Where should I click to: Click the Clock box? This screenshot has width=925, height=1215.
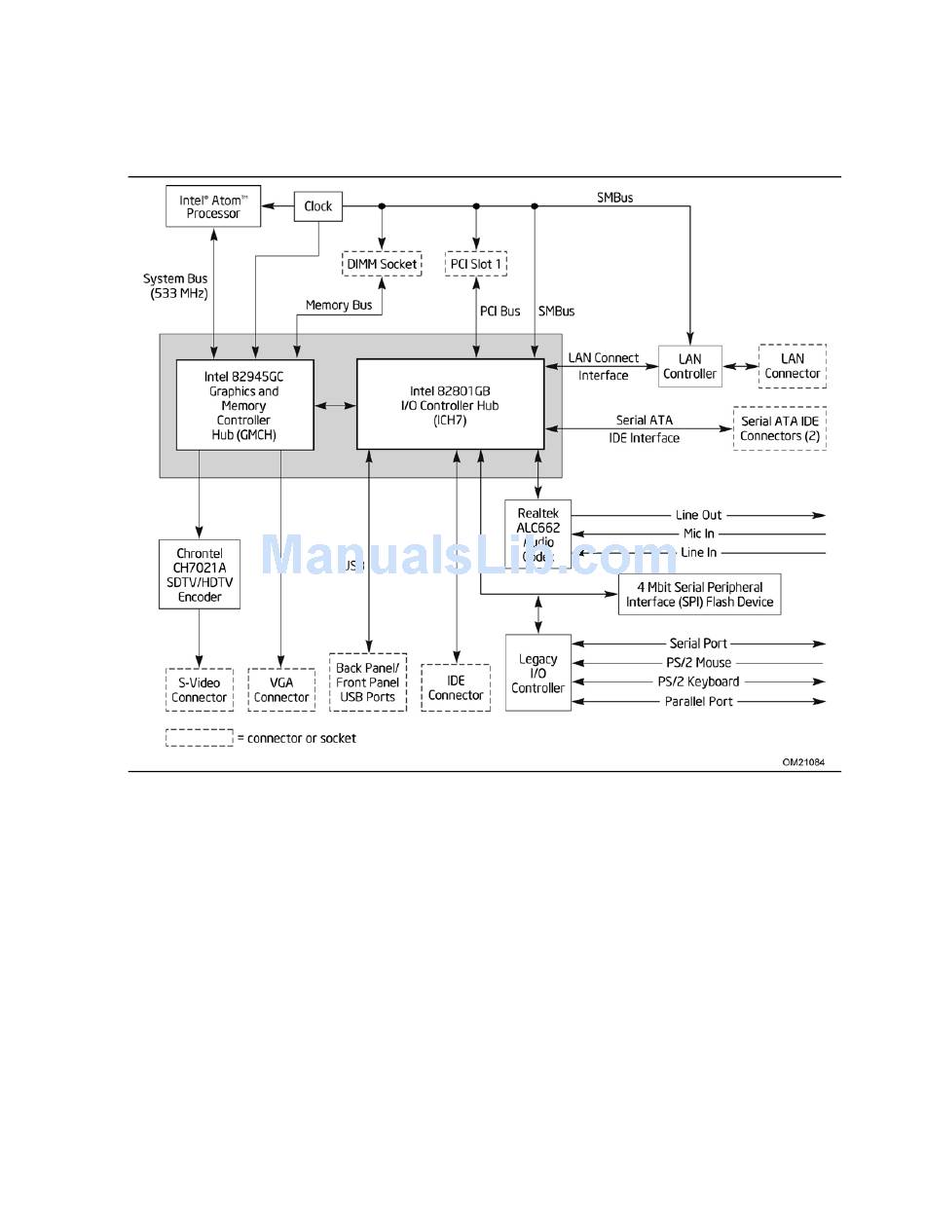(317, 206)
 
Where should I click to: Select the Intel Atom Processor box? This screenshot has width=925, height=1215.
(213, 206)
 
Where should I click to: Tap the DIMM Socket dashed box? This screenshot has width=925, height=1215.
(383, 264)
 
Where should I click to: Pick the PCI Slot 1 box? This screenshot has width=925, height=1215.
(477, 264)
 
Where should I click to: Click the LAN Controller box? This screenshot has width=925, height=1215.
(689, 366)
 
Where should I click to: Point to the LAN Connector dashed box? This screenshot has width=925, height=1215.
(792, 366)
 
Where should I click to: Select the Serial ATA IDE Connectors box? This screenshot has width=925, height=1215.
(779, 428)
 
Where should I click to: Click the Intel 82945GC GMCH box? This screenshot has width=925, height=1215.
(244, 405)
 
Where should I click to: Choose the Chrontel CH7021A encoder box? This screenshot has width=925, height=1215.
(200, 574)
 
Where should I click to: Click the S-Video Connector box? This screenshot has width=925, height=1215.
(200, 689)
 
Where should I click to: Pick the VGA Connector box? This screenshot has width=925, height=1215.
(281, 689)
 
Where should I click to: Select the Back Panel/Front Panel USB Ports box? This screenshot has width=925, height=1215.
(368, 681)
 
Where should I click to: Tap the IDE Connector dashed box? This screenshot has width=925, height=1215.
(456, 687)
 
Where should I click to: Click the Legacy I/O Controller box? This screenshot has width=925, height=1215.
(538, 673)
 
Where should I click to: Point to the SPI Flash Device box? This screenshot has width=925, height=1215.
(699, 594)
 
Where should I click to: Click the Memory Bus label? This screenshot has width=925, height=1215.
(339, 306)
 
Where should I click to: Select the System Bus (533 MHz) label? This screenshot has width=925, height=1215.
(175, 286)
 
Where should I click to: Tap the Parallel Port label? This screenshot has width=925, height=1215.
(698, 702)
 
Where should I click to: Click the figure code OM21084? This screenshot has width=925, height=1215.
(803, 762)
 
